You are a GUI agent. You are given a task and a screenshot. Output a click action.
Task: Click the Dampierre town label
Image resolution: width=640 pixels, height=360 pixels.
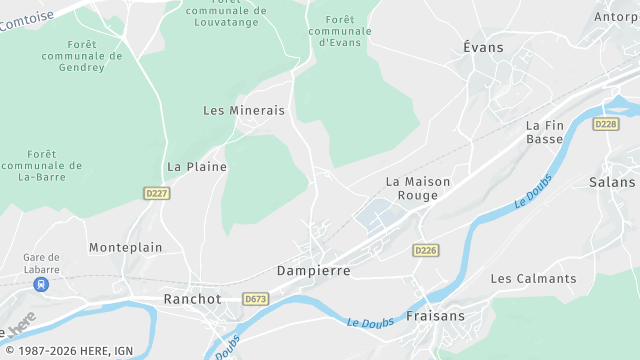click(x=313, y=271)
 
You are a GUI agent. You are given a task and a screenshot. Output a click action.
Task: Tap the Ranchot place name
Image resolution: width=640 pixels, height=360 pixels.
click(x=192, y=299)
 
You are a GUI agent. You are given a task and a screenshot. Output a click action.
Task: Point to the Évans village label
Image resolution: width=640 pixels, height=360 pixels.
click(x=484, y=47)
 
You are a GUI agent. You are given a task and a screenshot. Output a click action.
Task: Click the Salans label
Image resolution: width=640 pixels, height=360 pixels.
click(x=612, y=182)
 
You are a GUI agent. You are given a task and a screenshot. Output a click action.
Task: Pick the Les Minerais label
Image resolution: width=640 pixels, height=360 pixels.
click(x=244, y=110)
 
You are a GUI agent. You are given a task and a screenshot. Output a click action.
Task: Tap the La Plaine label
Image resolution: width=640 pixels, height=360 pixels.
click(x=197, y=166)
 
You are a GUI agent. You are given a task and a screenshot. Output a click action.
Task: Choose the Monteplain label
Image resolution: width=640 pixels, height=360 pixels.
click(x=125, y=247)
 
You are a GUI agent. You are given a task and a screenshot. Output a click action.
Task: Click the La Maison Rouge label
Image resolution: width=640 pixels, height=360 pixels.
click(x=418, y=188)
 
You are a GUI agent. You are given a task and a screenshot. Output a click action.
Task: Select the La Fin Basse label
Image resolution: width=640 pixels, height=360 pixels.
click(x=545, y=132)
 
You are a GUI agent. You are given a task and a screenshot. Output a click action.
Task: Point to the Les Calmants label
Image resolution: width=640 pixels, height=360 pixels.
click(x=533, y=278)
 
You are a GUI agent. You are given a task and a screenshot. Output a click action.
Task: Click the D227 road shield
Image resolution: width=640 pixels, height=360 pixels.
click(x=157, y=193)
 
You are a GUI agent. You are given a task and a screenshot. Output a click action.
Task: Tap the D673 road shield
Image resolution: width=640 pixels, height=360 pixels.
click(x=256, y=298)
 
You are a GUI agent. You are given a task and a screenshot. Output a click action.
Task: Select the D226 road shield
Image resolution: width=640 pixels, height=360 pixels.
click(x=426, y=250)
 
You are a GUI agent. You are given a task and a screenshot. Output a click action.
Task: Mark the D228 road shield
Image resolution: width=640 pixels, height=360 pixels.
click(x=606, y=123)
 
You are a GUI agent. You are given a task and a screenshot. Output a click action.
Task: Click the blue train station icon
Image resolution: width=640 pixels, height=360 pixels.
click(x=42, y=284)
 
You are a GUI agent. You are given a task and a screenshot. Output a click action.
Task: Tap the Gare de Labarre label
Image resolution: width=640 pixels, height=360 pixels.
click(x=42, y=263)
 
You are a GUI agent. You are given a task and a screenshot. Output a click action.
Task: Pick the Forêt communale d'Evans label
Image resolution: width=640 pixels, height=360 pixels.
click(x=340, y=31)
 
